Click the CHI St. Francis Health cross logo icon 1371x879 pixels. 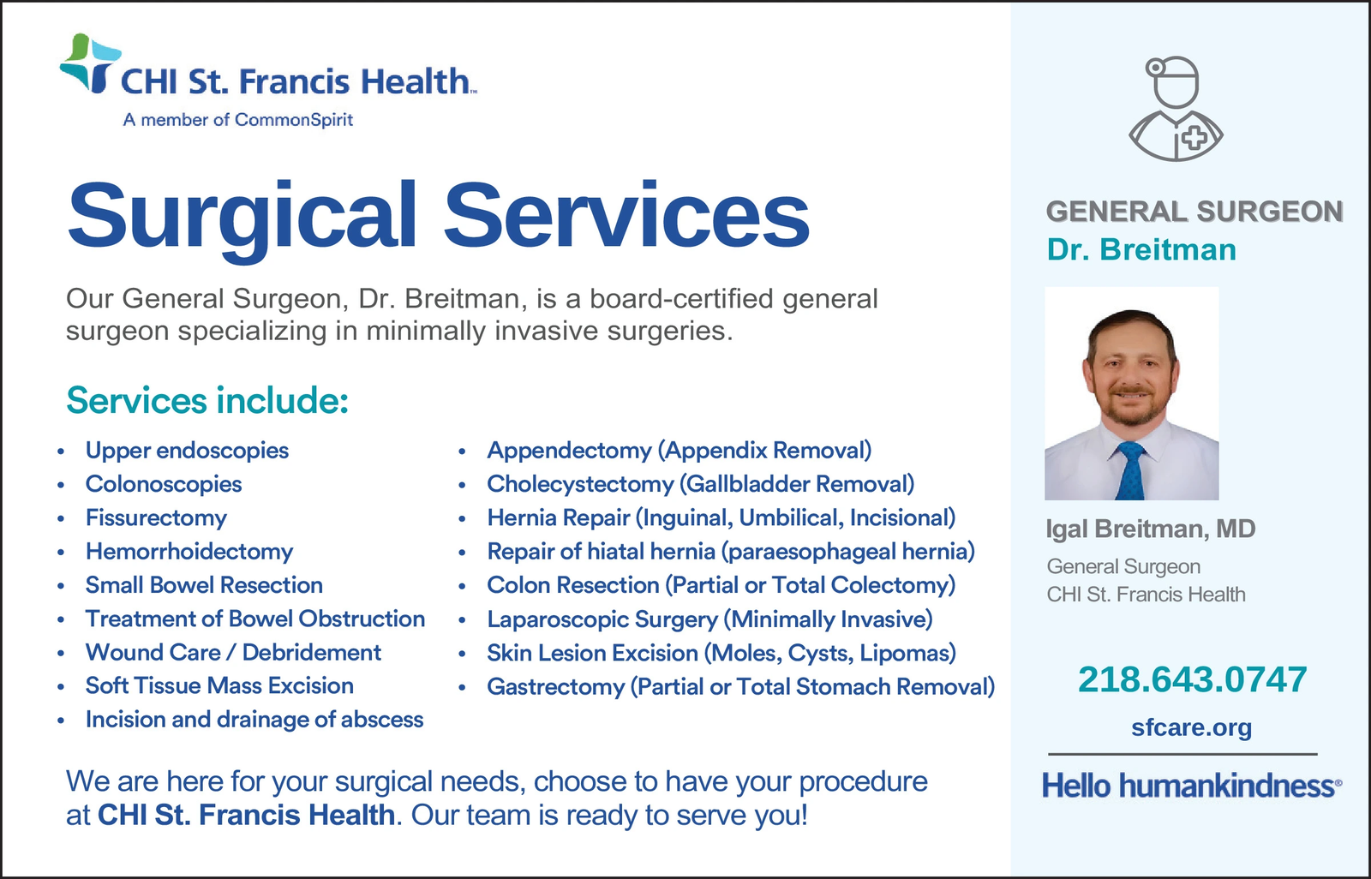click(x=89, y=63)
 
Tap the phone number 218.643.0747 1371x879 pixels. click(x=1192, y=679)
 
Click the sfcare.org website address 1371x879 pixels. click(x=1191, y=727)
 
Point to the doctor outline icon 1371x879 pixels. click(x=1175, y=109)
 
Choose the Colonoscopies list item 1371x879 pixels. click(x=164, y=484)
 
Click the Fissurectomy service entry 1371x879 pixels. click(x=156, y=517)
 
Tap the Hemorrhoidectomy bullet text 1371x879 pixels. click(x=189, y=552)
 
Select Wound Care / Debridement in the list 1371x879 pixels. click(x=233, y=653)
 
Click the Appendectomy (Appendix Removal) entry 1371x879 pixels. click(x=680, y=451)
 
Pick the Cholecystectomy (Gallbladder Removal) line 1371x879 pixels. click(x=701, y=484)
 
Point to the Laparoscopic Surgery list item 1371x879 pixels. click(x=710, y=619)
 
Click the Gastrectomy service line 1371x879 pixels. click(x=741, y=687)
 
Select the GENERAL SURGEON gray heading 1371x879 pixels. click(x=1194, y=212)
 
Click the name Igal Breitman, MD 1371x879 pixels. click(x=1151, y=529)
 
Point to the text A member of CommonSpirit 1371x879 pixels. click(x=238, y=119)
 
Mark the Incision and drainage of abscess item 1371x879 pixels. click(x=254, y=720)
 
